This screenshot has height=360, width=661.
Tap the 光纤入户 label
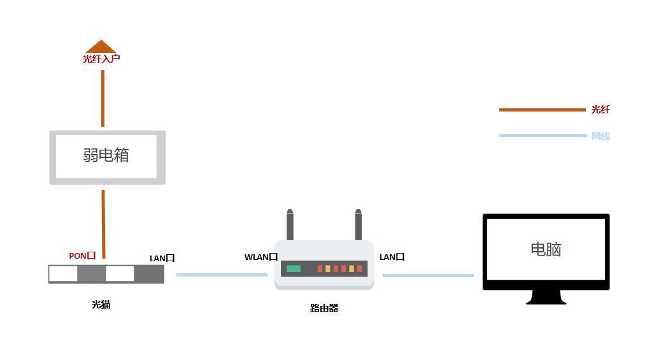tap(101, 59)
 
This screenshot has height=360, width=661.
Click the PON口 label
tap(82, 256)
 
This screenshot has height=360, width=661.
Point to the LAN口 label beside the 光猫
tap(162, 258)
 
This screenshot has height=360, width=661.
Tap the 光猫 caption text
tap(101, 305)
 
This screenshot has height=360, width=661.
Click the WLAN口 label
tap(260, 257)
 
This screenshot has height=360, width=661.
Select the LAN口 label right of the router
tap(392, 257)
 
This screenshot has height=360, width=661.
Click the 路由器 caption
tap(323, 308)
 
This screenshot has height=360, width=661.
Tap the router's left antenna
tap(290, 225)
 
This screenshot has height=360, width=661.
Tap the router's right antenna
tap(358, 225)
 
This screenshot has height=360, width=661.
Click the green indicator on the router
tap(294, 269)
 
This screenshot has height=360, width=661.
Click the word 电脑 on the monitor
tap(546, 249)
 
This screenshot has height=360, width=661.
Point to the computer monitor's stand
tap(546, 298)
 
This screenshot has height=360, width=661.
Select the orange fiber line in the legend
tap(541, 110)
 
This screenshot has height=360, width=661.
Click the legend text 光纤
tap(600, 110)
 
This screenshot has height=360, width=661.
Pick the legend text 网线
tap(600, 136)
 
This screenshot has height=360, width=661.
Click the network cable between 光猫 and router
tap(222, 275)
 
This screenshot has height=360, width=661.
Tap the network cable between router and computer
tap(427, 275)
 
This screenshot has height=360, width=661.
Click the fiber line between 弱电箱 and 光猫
tap(103, 220)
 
